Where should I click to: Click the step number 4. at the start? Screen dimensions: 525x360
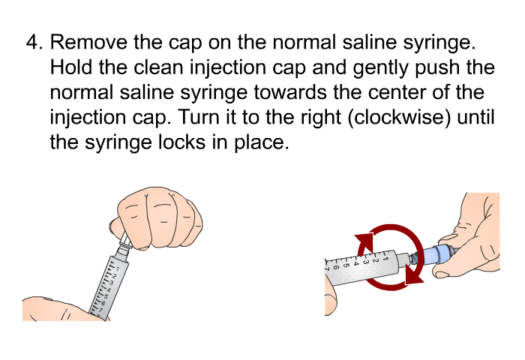pos(34,43)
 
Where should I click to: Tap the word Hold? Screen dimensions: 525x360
pos(71,67)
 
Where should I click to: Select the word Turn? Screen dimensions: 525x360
pos(199,117)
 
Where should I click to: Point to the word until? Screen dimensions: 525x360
pos(475,117)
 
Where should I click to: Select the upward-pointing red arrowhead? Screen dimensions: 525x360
pos(364,241)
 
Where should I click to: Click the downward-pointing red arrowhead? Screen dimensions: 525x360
pos(413,273)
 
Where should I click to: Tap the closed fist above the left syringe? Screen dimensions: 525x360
pos(156,218)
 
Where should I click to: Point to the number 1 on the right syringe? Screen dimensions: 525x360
pos(385,258)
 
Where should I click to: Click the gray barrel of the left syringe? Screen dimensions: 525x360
pos(109,288)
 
